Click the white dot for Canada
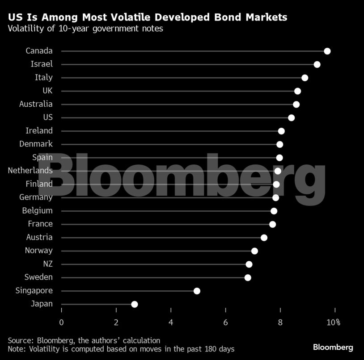[x=327, y=51]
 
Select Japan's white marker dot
[x=134, y=304]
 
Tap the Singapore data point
[x=197, y=291]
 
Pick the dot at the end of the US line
[x=291, y=117]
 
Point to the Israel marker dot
[x=317, y=64]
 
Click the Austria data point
[x=264, y=237]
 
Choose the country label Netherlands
[x=30, y=171]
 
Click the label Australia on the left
[x=36, y=104]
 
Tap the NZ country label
[x=47, y=264]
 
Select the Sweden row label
[x=38, y=277]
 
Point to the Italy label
[x=43, y=78]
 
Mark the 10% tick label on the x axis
[x=333, y=322]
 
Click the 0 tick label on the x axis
[x=61, y=322]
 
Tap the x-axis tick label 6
[x=225, y=322]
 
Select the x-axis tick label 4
[x=171, y=322]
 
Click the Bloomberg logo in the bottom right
[x=333, y=347]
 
